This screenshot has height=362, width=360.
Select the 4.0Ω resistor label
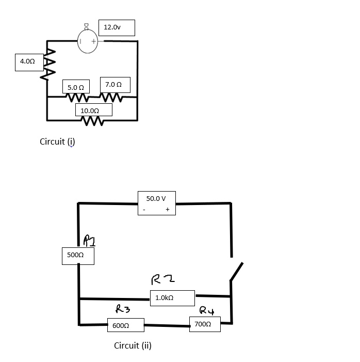[27, 61]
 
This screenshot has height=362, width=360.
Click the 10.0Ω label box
[93, 111]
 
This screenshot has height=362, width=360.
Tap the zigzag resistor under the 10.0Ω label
[93, 122]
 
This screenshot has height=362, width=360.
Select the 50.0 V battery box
[156, 203]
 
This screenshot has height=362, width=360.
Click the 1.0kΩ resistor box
[172, 298]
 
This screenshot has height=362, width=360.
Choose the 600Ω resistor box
[125, 326]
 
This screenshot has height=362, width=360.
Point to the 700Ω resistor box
[204, 324]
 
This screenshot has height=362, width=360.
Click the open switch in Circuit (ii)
[235, 271]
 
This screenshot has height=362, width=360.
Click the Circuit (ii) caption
[133, 345]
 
